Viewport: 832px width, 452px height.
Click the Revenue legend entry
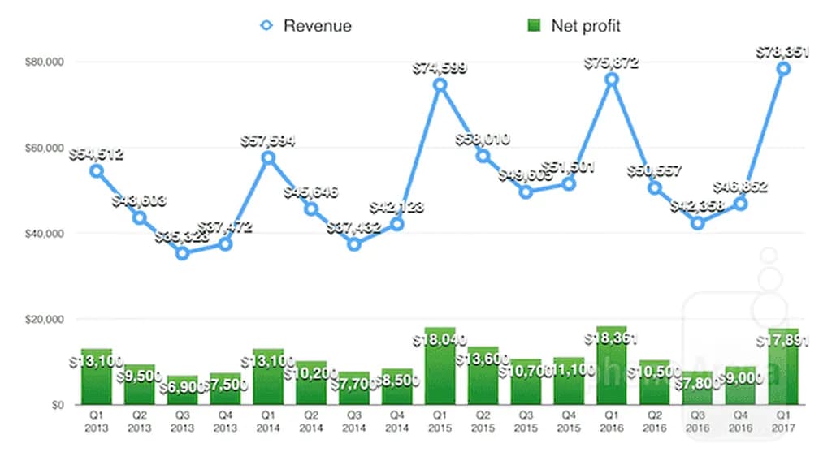click(x=305, y=26)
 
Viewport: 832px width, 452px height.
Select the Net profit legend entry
click(x=574, y=26)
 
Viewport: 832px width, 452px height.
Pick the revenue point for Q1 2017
click(x=784, y=69)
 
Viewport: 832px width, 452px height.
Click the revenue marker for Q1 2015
click(x=440, y=84)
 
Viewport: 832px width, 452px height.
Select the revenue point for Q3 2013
click(x=183, y=253)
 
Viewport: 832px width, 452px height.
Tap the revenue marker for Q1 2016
click(x=612, y=80)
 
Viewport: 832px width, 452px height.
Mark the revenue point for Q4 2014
click(x=397, y=224)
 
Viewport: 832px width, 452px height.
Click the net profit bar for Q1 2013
click(x=97, y=377)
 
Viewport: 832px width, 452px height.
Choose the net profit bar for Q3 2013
click(x=183, y=390)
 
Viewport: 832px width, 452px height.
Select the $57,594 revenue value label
click(x=268, y=140)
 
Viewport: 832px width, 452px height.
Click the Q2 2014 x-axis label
click(x=311, y=420)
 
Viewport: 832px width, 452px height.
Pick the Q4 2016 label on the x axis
click(x=740, y=420)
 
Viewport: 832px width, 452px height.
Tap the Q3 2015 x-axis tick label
click(x=526, y=420)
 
